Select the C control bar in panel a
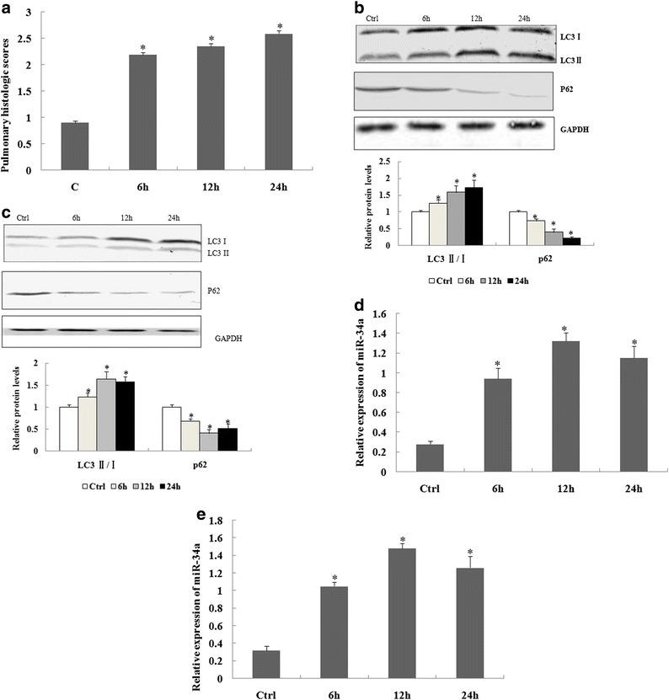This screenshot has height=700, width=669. coord(75,147)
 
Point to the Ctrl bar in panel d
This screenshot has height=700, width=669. coord(431,457)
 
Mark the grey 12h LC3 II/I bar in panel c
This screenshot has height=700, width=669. coord(107,404)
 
